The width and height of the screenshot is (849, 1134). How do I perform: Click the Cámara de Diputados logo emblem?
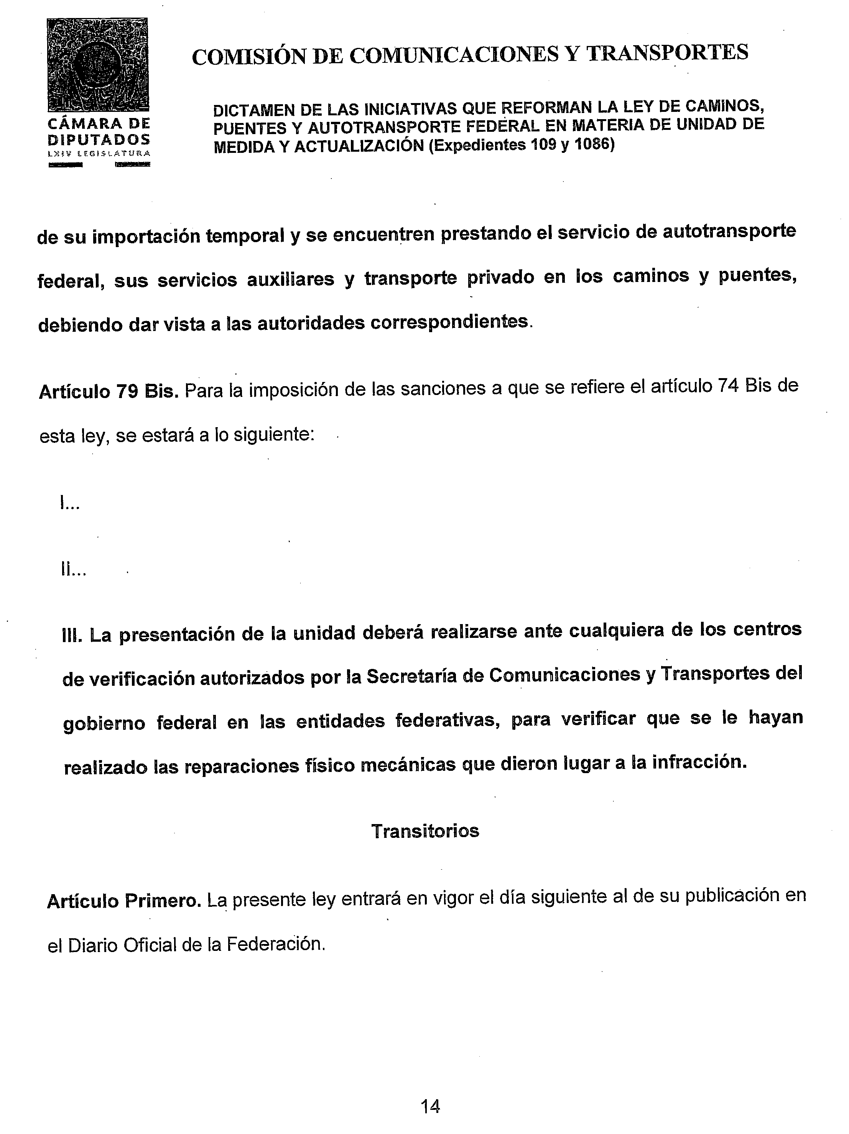[97, 65]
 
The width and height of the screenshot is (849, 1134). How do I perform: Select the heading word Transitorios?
[425, 831]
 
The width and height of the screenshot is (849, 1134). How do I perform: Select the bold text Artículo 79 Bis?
[109, 392]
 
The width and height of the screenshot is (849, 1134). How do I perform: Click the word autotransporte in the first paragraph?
[729, 232]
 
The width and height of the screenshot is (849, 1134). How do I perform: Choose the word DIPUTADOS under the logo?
[99, 139]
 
